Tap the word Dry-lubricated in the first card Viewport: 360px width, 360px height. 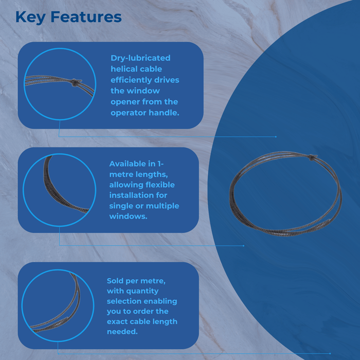click(x=140, y=58)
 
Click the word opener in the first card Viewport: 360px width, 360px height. click(x=125, y=102)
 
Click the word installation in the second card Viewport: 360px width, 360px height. click(x=132, y=195)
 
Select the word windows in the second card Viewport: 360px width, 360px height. click(x=128, y=217)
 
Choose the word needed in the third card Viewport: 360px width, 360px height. click(x=122, y=332)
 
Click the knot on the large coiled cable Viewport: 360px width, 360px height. click(x=312, y=156)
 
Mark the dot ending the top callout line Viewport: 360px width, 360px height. click(x=276, y=137)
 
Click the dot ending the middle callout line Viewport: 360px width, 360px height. click(x=243, y=246)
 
